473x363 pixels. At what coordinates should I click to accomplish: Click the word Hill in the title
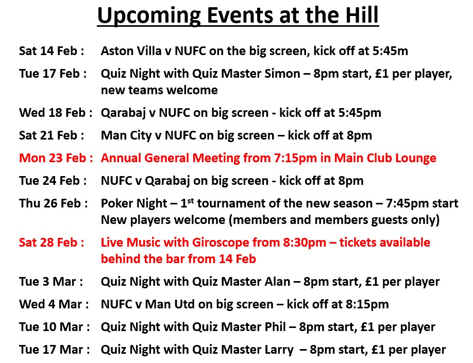(359, 16)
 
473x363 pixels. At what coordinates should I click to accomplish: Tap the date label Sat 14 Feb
(51, 51)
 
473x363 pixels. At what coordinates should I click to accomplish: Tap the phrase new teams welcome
(159, 90)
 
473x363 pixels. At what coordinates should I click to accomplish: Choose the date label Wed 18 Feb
(56, 113)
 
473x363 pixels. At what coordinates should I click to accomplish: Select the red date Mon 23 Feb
(56, 158)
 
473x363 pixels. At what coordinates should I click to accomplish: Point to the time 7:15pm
(298, 158)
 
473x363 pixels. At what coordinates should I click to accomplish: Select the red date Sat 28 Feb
(51, 243)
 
